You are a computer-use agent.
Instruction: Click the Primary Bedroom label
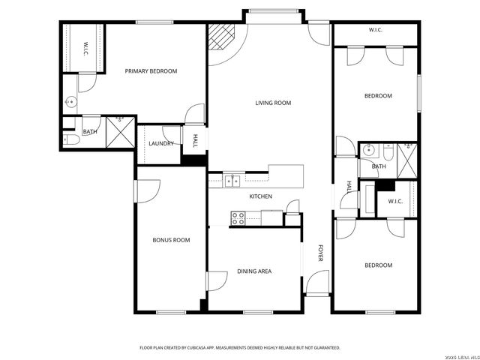151,71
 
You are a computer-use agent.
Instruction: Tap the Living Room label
273,103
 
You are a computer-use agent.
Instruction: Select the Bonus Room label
171,240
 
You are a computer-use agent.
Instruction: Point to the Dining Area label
254,271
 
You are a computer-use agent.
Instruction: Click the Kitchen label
260,196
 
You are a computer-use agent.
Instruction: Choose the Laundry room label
161,143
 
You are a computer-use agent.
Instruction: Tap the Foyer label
320,253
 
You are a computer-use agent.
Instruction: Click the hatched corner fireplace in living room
220,35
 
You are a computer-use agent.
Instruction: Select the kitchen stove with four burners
238,218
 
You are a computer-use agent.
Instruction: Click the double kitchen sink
232,180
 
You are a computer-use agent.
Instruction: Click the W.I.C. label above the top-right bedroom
376,30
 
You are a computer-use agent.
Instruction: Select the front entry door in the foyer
316,283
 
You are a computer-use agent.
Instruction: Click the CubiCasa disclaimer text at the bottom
240,348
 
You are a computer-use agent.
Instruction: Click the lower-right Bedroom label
378,265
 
